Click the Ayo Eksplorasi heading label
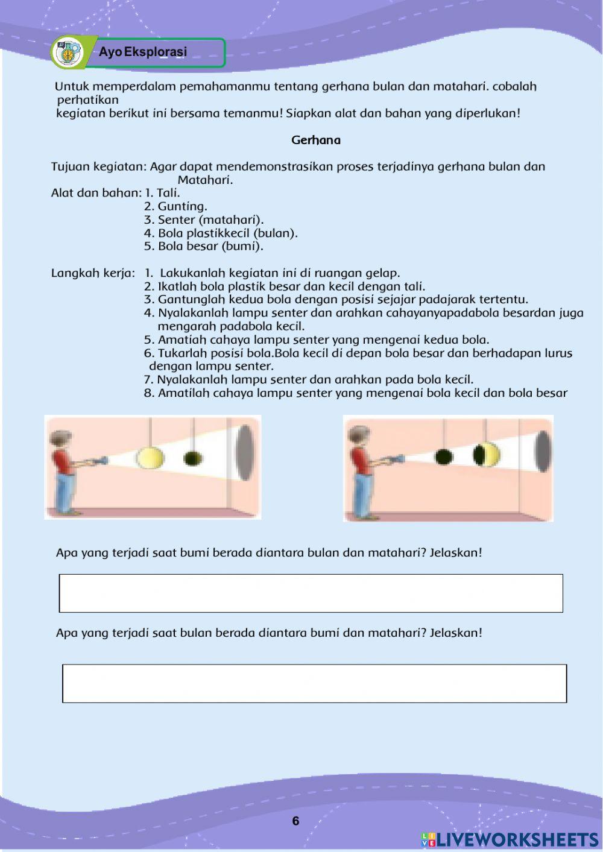pyautogui.click(x=143, y=52)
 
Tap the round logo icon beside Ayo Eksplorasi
pyautogui.click(x=68, y=53)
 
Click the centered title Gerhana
pyautogui.click(x=315, y=140)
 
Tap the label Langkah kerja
pyautogui.click(x=93, y=273)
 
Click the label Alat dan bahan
pyautogui.click(x=96, y=193)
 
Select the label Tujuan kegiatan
pyautogui.click(x=98, y=166)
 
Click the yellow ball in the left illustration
pyautogui.click(x=150, y=458)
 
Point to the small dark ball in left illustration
pyautogui.click(x=192, y=458)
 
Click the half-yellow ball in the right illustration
pyautogui.click(x=487, y=455)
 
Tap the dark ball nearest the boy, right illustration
pyautogui.click(x=444, y=456)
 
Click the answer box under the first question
pyautogui.click(x=311, y=593)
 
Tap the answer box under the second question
pyautogui.click(x=314, y=683)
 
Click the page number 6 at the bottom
pyautogui.click(x=295, y=821)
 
